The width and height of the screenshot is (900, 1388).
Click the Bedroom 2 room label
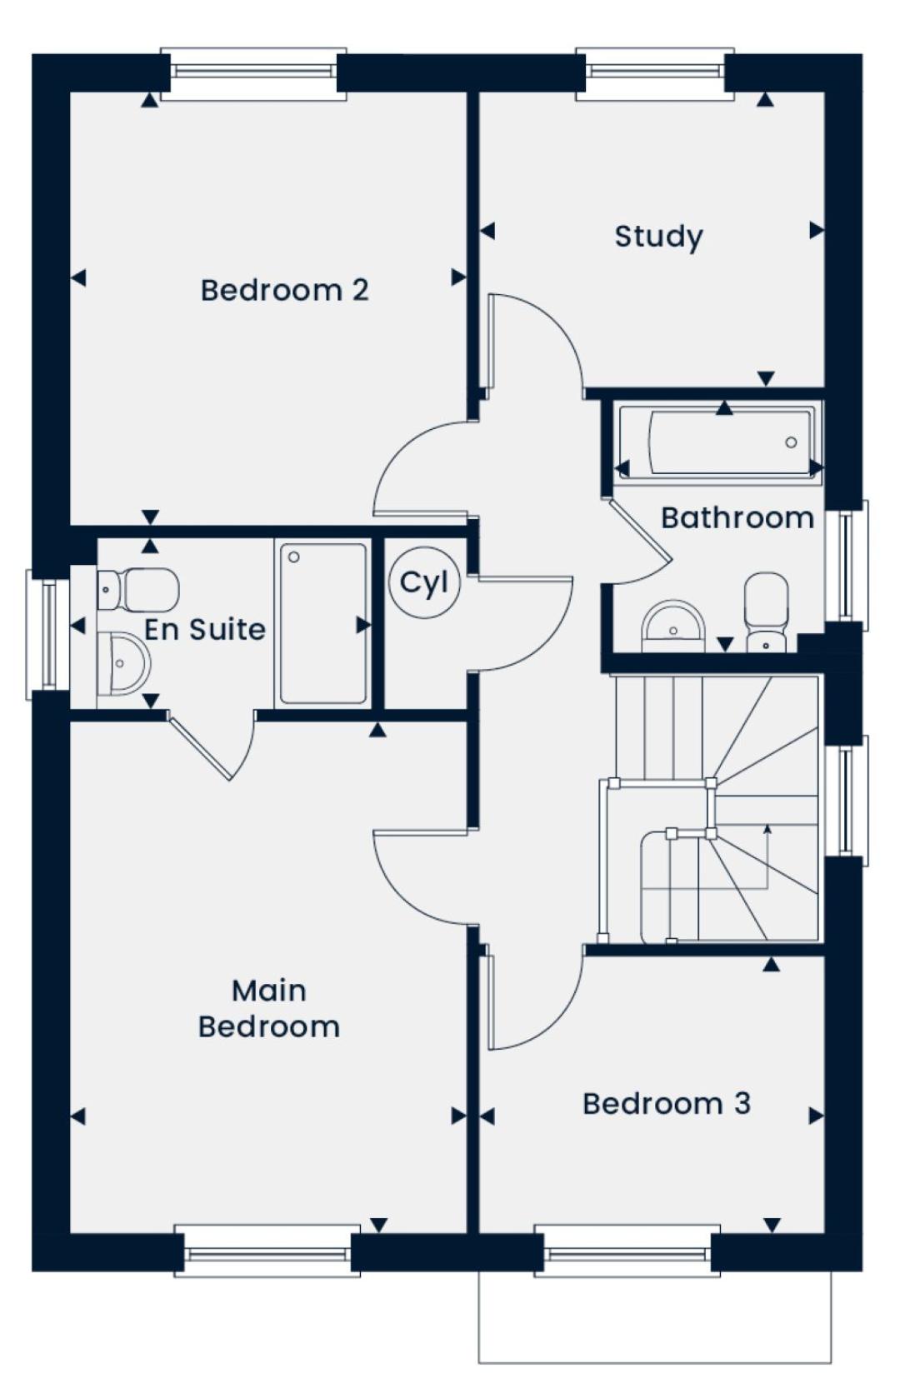pos(284,291)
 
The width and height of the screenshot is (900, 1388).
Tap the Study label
pos(658,236)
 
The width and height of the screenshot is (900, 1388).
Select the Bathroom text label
pos(737,518)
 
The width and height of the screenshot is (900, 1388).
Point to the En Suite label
pos(205,630)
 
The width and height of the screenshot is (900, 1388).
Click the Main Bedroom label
pos(269,1009)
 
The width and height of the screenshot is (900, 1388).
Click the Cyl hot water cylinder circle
pos(424,582)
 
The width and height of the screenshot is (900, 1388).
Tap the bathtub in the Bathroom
pos(719,442)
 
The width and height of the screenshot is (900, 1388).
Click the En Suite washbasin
pos(123,664)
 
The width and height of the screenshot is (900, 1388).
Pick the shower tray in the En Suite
pos(323,622)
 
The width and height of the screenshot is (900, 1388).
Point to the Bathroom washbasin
pos(673,626)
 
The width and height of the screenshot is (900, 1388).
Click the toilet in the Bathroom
pos(766,612)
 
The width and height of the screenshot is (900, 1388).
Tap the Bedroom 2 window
pos(253,73)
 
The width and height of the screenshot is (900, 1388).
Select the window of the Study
pos(655,73)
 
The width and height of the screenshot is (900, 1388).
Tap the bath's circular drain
pos(791,442)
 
